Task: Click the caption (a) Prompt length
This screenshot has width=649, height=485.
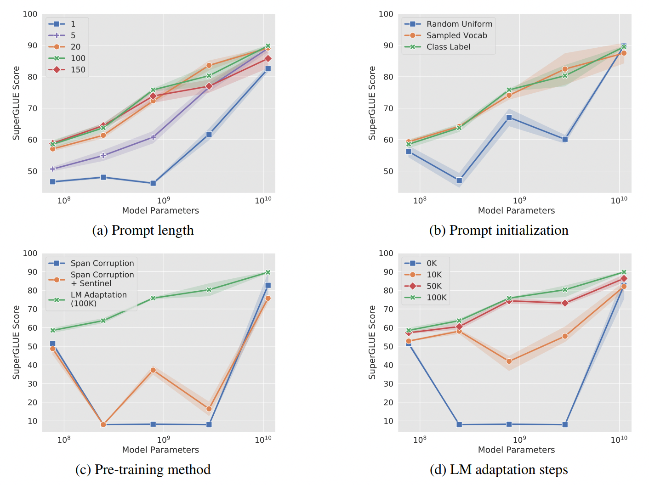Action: tap(143, 231)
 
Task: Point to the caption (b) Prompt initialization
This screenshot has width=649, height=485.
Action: tap(499, 231)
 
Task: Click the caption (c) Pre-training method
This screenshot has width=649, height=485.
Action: tap(143, 470)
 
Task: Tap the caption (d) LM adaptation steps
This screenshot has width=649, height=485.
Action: tap(499, 470)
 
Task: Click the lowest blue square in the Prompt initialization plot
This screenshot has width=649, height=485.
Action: tap(459, 180)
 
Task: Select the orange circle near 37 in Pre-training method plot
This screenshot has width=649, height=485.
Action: tap(153, 370)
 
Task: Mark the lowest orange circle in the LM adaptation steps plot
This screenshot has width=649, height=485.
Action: tap(509, 361)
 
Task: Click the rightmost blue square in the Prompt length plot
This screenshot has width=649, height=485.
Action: tap(268, 69)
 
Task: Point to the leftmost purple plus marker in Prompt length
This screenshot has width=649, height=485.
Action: tap(53, 169)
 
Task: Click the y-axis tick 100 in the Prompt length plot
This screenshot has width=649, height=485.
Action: tap(30, 14)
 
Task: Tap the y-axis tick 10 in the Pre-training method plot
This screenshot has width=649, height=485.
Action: tap(32, 421)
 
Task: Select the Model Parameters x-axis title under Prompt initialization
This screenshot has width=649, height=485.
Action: tap(516, 211)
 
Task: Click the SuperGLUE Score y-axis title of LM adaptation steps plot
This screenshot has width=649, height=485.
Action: tap(372, 342)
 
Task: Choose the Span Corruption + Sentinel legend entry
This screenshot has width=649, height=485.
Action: tap(102, 279)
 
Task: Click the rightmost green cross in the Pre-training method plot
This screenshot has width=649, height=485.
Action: tap(268, 272)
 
